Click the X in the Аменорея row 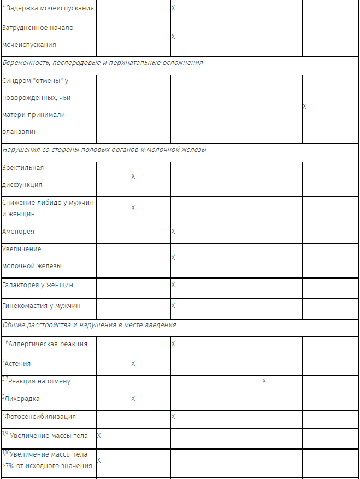coord(173,232)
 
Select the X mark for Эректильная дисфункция coord(133,176)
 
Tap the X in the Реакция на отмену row coord(264,381)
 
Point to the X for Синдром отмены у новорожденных coord(304,107)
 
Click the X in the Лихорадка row coord(133,399)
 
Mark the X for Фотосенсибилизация coord(173,417)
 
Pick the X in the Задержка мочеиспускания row coord(173,9)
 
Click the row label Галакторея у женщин coord(38,285)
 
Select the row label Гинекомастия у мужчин coord(41,306)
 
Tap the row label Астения coord(17,364)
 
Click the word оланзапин coord(20,132)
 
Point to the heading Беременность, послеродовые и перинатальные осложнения coord(103,63)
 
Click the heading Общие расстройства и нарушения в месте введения coord(90,325)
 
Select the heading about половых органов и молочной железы coord(104,150)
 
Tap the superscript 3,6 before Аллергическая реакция coord(5,342)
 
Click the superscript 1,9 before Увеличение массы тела coord(5,434)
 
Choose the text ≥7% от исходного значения coord(48,465)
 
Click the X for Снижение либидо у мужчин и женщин coord(133,208)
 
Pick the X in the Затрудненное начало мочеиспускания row coord(173,37)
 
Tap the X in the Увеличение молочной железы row coord(173,257)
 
